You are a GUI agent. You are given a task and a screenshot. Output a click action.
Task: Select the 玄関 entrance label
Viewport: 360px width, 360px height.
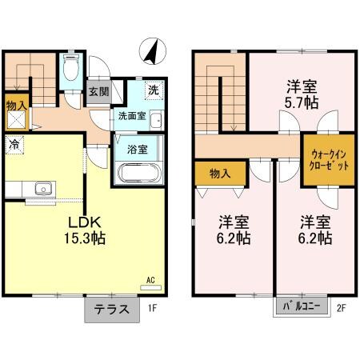(x=99, y=91)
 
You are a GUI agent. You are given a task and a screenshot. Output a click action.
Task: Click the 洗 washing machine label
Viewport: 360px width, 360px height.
(x=152, y=90)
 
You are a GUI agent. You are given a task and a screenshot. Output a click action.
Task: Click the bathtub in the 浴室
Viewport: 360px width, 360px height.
(x=138, y=172)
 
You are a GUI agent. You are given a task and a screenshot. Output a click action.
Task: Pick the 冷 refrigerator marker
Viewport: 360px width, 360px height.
(x=14, y=145)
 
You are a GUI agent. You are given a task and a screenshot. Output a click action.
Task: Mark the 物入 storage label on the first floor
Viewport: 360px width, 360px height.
(x=15, y=106)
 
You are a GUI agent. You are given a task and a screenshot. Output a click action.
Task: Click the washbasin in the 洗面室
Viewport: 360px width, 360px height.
(x=156, y=122)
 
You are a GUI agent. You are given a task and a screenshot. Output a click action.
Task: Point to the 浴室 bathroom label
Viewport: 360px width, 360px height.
(x=138, y=149)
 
